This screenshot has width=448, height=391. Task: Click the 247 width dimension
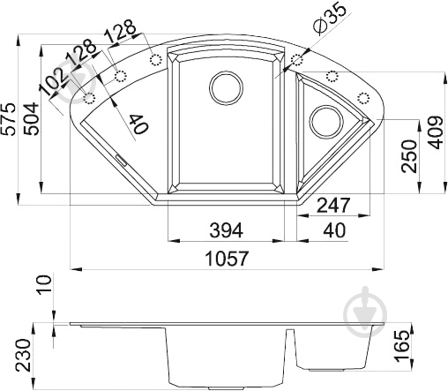[335, 205]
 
